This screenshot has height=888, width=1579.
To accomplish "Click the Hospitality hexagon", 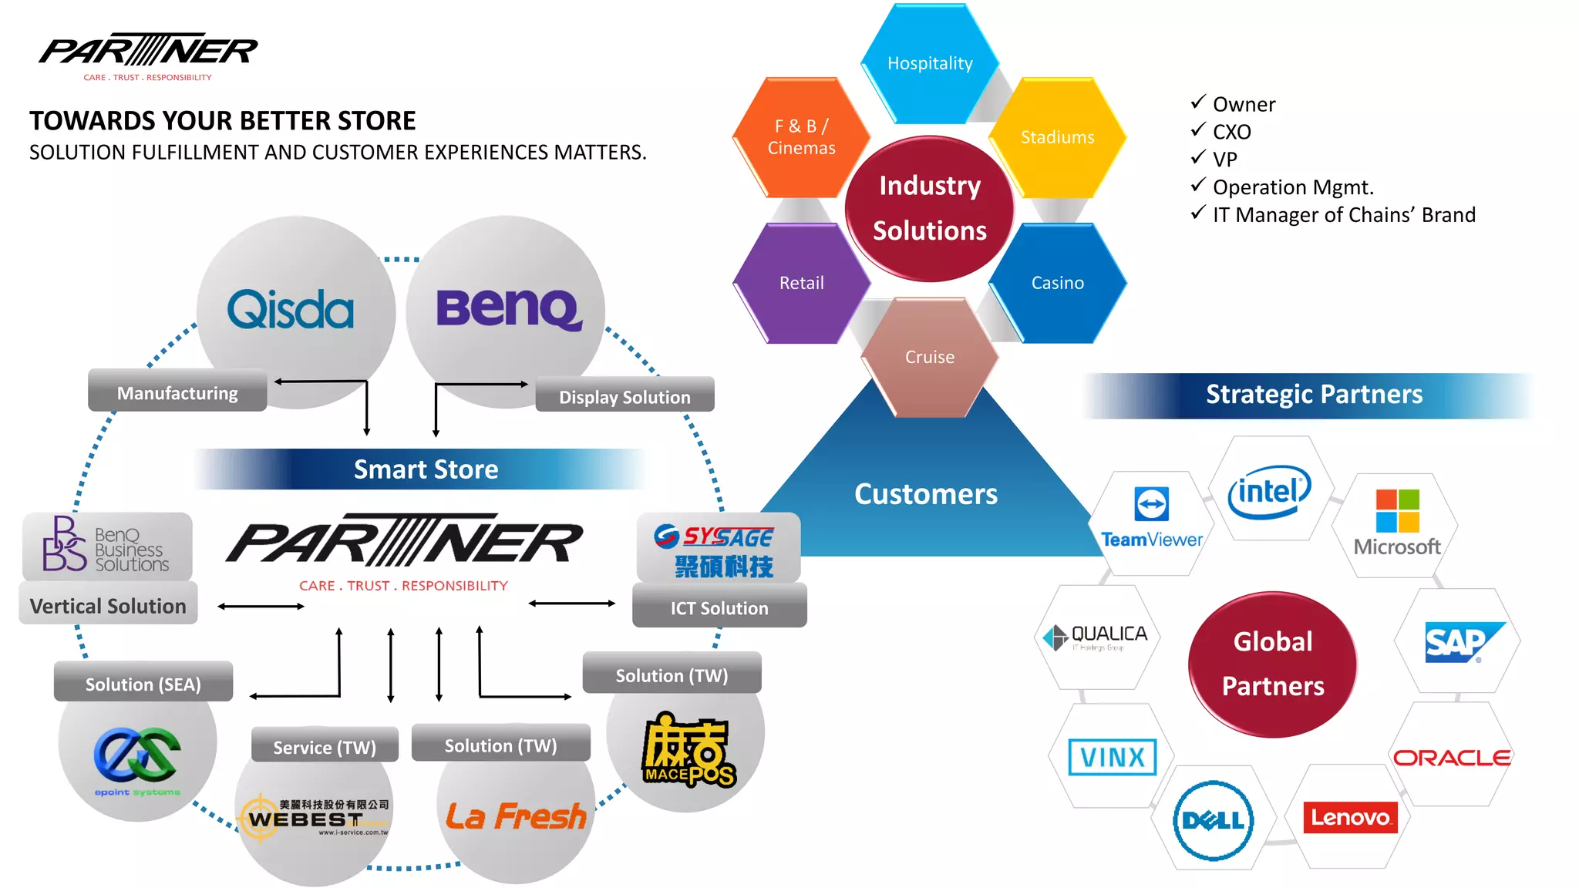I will coord(930,64).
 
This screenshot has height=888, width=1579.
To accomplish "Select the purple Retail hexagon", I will coord(801,283).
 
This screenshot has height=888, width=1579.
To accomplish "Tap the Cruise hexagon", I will coord(929,357).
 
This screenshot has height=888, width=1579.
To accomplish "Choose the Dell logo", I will coord(1213,820).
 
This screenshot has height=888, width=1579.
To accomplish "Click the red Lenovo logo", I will coord(1349,818).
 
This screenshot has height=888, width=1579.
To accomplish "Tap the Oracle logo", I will coord(1451,758).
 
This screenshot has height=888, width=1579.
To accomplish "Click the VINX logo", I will coord(1112,757).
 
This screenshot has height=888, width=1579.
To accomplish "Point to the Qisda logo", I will coord(291,310).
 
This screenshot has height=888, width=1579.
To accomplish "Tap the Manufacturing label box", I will coord(177,393).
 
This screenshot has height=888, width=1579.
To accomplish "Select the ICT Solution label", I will coord(719,608).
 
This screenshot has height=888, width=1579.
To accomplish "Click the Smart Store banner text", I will coord(426,469).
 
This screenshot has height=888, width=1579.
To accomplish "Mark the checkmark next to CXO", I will coord(1197,130).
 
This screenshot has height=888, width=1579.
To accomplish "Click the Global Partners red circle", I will coord(1272,664).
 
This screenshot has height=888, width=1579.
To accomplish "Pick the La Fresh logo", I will coord(516,816).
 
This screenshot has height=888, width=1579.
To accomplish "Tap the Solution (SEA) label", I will coord(143,684).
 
